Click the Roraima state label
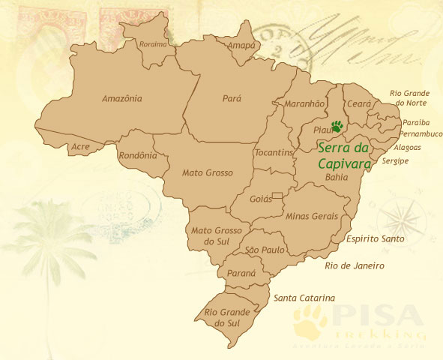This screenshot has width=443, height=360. (153, 44)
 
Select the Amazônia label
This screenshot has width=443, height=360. (121, 97)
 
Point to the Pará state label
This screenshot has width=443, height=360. (232, 97)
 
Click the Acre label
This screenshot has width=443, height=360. (79, 147)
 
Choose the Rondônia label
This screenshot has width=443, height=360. (138, 156)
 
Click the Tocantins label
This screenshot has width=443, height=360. (273, 153)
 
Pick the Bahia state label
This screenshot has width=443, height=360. (337, 177)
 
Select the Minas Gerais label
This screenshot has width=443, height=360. (308, 215)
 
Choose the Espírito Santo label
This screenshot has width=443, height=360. (376, 238)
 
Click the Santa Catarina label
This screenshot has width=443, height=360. (304, 298)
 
